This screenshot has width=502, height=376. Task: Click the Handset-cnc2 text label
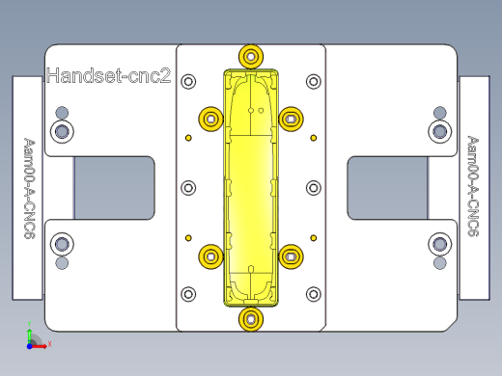[x=108, y=75]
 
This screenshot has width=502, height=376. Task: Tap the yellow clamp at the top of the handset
[x=251, y=55]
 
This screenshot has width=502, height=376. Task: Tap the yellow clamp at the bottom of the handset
[x=251, y=317]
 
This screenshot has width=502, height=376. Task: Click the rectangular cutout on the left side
[x=114, y=187]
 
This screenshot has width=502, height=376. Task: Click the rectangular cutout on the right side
[x=388, y=187]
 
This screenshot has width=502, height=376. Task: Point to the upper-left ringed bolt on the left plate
[x=62, y=129]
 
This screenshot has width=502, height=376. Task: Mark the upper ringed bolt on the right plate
[x=440, y=129]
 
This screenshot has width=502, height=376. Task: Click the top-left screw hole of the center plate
[x=189, y=81]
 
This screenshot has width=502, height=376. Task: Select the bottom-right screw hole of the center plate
[x=312, y=293]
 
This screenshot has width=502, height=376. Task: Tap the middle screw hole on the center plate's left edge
[x=189, y=187]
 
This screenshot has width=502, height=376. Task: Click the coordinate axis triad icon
[x=33, y=337]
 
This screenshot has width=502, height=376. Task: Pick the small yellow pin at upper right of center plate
[x=312, y=137]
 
